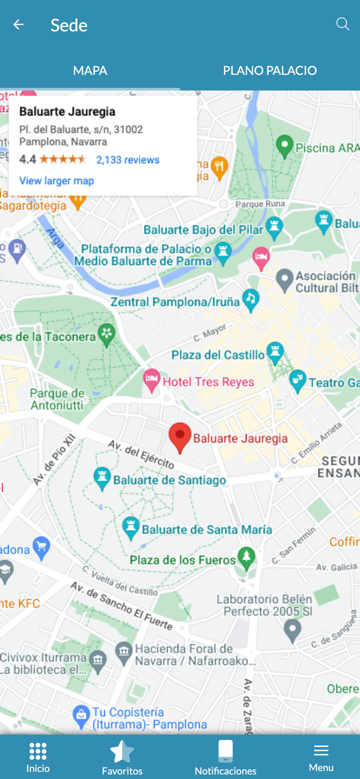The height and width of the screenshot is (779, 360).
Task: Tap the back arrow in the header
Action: [19, 25]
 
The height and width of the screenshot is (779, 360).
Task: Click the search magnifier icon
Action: [342, 24]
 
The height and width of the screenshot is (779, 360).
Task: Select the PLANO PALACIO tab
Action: [270, 71]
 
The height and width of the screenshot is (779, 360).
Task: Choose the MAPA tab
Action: [90, 71]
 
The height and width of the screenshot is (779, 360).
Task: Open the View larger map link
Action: [57, 181]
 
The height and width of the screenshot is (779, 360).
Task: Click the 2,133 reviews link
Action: [128, 160]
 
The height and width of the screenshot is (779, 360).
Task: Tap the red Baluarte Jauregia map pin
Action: [180, 436]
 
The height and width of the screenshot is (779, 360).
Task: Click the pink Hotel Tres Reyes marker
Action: [151, 381]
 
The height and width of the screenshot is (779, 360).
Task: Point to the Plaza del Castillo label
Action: [218, 355]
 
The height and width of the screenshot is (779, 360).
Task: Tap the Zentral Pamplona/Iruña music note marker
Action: [251, 299]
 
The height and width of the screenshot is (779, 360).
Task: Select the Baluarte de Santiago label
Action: [169, 480]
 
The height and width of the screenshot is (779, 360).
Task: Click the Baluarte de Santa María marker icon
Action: [131, 528]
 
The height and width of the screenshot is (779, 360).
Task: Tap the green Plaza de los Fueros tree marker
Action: [246, 557]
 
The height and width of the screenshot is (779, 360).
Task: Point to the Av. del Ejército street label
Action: [141, 454]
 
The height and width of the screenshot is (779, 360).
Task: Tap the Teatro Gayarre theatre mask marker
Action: [297, 381]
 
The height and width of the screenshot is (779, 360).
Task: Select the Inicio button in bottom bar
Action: [38, 757]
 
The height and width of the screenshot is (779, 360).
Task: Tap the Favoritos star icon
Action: [122, 751]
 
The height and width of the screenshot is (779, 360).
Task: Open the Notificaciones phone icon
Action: [225, 751]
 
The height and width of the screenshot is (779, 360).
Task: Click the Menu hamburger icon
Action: [321, 750]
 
